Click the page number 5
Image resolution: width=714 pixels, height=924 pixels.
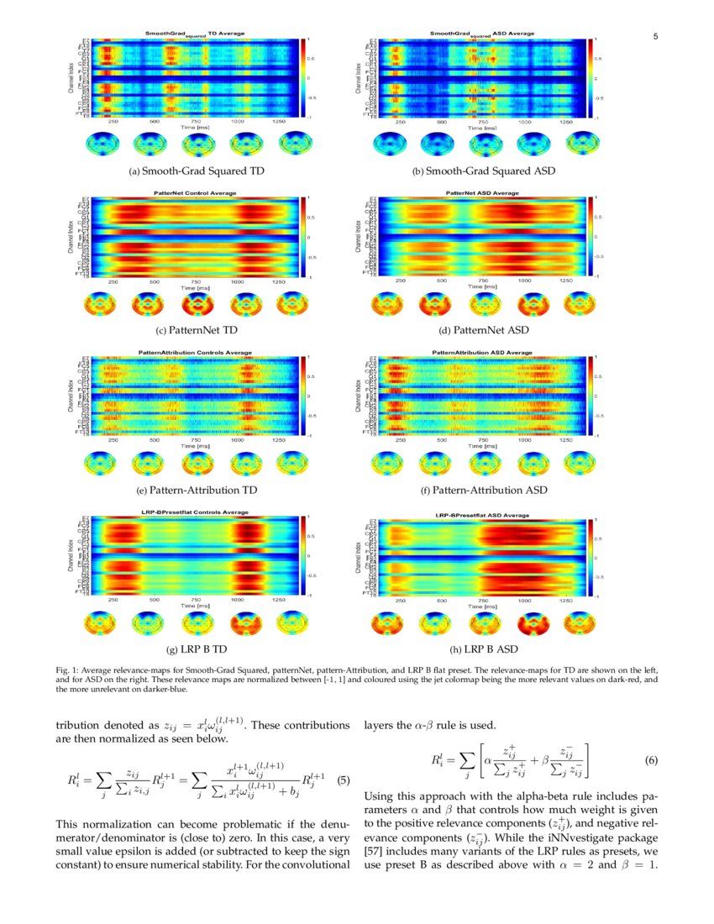(655, 36)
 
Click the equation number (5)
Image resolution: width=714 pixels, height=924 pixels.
(343, 779)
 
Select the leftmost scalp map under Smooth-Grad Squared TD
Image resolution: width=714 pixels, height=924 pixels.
(100, 144)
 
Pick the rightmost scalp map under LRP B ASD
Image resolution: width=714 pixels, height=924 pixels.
(580, 623)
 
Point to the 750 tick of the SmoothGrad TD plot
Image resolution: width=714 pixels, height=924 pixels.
(196, 123)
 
